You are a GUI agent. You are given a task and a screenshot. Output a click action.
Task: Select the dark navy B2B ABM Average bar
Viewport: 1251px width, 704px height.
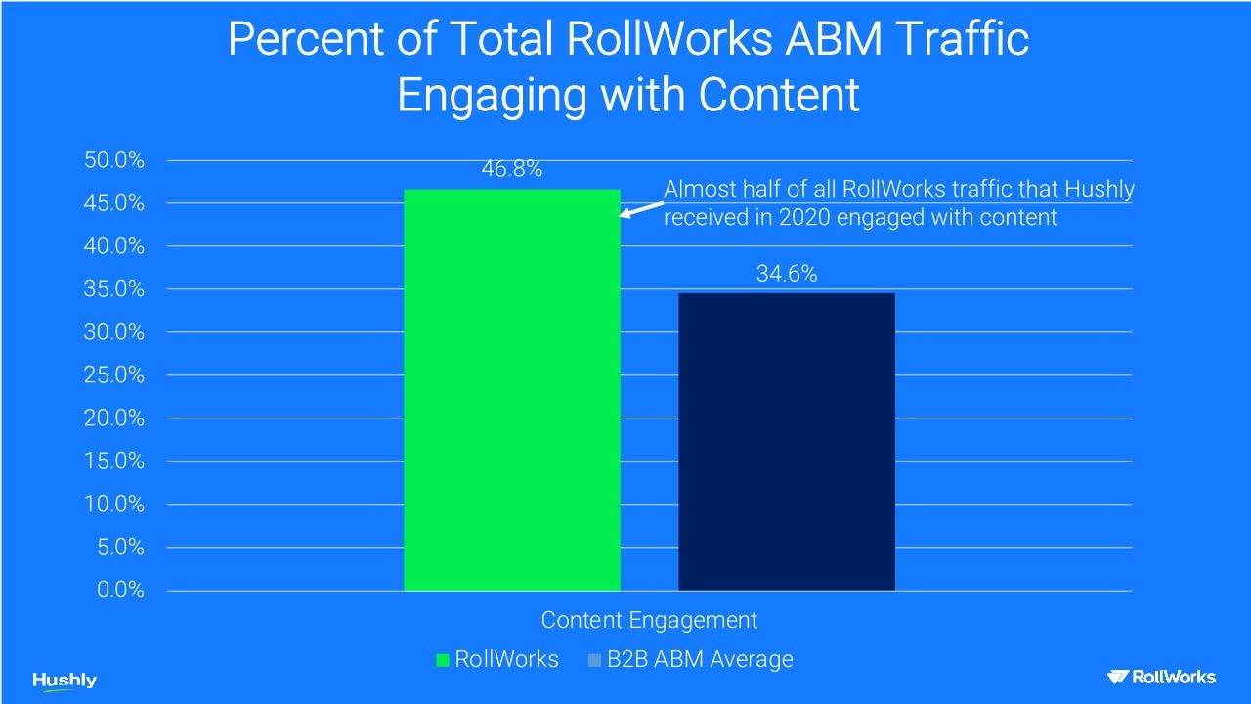pyautogui.click(x=787, y=441)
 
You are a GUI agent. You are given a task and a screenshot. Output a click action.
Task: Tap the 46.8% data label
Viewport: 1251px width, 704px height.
pyautogui.click(x=511, y=169)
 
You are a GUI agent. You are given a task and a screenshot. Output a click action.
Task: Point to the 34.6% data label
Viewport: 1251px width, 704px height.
pyautogui.click(x=787, y=275)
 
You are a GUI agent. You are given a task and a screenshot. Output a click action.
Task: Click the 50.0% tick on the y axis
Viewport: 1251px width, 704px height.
pyautogui.click(x=115, y=160)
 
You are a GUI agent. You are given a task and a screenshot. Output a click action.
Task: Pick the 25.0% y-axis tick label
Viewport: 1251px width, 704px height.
pyautogui.click(x=115, y=375)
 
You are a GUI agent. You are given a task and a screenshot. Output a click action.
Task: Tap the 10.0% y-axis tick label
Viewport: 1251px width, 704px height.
pyautogui.click(x=115, y=505)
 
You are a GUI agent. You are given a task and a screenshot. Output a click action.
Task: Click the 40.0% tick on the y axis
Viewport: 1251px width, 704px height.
pyautogui.click(x=115, y=246)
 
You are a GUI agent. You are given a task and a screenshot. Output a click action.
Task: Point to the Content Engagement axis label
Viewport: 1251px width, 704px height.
pyautogui.click(x=649, y=620)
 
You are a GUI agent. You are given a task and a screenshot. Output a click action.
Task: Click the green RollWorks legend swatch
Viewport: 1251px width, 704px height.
pyautogui.click(x=443, y=660)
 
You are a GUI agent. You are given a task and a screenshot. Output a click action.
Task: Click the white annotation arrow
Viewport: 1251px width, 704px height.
pyautogui.click(x=641, y=209)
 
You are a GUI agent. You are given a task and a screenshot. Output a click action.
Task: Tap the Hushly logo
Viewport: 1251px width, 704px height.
pyautogui.click(x=65, y=681)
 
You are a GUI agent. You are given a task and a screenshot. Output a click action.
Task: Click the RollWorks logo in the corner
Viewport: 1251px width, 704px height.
pyautogui.click(x=1161, y=677)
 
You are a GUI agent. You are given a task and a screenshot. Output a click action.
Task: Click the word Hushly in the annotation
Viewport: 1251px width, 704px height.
pyautogui.click(x=1101, y=189)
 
